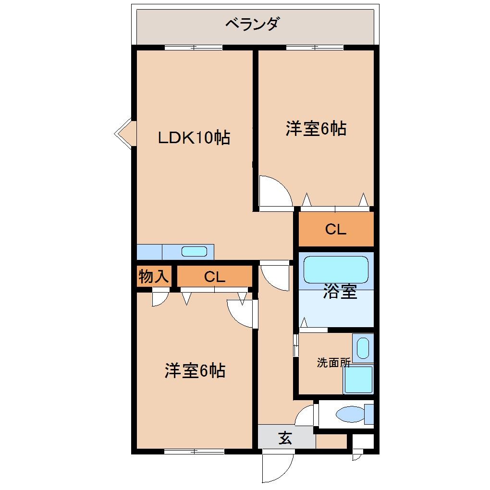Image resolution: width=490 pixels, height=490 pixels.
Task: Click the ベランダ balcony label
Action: click(252, 24)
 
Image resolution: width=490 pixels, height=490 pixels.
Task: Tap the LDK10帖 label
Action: click(195, 138)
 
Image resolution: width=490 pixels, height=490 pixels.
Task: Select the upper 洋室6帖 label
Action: click(316, 129)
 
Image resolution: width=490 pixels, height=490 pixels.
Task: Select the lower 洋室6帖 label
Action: click(195, 370)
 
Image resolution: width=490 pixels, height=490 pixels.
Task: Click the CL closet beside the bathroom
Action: click(335, 230)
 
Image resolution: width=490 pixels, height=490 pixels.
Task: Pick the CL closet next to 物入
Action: click(214, 277)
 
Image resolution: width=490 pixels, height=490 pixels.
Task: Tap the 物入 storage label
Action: click(154, 277)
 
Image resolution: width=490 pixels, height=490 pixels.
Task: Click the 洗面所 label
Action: click(333, 363)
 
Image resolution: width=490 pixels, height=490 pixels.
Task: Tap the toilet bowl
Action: click(350, 414)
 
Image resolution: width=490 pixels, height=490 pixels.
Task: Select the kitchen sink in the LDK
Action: click(194, 251)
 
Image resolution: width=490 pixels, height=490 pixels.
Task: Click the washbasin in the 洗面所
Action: click(363, 347)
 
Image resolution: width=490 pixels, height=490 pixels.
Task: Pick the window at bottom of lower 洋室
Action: click(194, 451)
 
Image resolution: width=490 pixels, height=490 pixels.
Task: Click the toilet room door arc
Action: click(306, 415)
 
